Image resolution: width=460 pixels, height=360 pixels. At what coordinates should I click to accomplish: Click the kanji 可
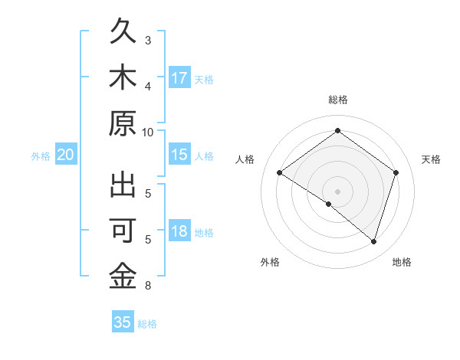pyautogui.click(x=123, y=231)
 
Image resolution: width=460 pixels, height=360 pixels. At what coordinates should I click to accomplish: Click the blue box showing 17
pyautogui.click(x=179, y=77)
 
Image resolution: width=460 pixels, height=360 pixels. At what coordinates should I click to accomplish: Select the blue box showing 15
pyautogui.click(x=179, y=155)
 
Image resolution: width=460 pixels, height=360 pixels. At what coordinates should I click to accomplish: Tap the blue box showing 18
pyautogui.click(x=179, y=232)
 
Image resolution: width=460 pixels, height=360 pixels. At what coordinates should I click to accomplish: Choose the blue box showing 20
pyautogui.click(x=65, y=155)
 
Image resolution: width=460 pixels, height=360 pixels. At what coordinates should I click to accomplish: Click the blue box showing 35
pyautogui.click(x=123, y=322)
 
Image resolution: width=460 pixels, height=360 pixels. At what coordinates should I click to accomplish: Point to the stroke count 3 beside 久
pyautogui.click(x=148, y=40)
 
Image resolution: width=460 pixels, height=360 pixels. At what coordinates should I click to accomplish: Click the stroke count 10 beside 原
pyautogui.click(x=148, y=132)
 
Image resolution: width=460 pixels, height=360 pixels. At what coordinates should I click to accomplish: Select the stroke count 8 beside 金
pyautogui.click(x=148, y=286)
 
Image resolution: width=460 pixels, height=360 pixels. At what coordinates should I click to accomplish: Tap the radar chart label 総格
pyautogui.click(x=338, y=100)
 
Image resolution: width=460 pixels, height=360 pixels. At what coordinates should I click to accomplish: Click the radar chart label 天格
pyautogui.click(x=431, y=159)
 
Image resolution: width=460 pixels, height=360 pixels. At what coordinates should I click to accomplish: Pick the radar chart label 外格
pyautogui.click(x=270, y=263)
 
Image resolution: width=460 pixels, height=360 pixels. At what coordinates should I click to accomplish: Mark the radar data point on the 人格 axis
pyautogui.click(x=280, y=173)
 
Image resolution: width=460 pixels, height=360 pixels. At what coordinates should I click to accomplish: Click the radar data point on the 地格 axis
pyautogui.click(x=373, y=241)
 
